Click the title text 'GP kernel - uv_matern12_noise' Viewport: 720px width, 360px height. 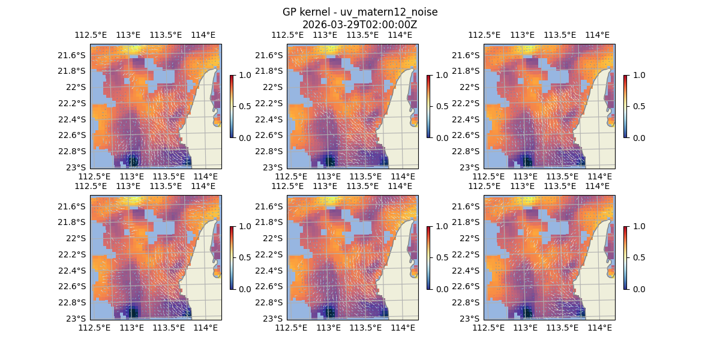click(359, 13)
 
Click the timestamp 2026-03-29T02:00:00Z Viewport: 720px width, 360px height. click(359, 25)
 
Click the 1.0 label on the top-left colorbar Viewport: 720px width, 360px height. click(244, 75)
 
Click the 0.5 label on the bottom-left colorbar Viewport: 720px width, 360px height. click(244, 257)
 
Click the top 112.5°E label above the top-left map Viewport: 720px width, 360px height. click(90, 35)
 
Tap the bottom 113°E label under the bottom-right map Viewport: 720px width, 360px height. click(526, 328)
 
